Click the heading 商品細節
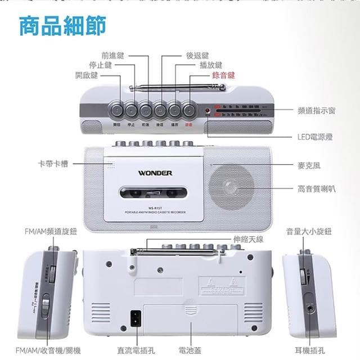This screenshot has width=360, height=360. (x=62, y=26)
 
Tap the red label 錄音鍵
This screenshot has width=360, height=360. (x=223, y=75)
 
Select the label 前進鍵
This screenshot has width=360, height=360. (x=112, y=56)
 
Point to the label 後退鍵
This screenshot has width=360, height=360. (x=197, y=56)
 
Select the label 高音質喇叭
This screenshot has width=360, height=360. (x=316, y=189)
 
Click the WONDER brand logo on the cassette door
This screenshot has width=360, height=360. (x=155, y=173)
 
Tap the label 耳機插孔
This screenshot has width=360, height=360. (x=313, y=350)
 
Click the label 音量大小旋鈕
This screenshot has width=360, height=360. (x=309, y=231)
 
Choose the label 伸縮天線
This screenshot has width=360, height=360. (x=249, y=239)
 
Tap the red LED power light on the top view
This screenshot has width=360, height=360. (x=208, y=110)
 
